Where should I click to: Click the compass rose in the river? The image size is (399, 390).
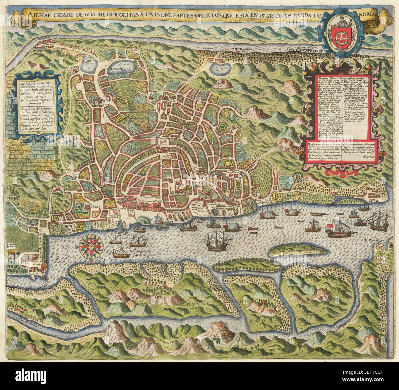click(x=91, y=246)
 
